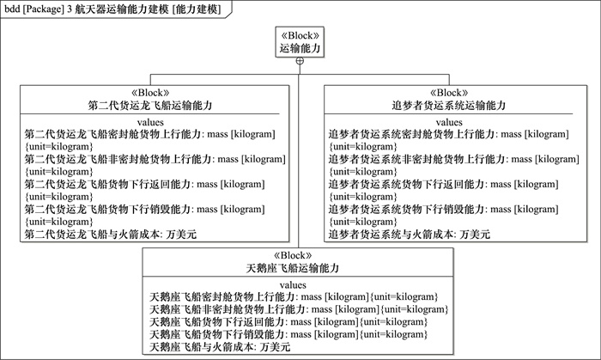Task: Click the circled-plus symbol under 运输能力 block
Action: coord(300,61)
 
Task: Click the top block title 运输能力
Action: coord(300,49)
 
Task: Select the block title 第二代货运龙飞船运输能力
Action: coord(150,106)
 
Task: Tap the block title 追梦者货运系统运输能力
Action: coord(449,106)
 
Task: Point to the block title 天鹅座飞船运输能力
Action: coord(293,268)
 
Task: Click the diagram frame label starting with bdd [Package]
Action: coord(112,9)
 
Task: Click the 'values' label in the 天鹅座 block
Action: coord(293,285)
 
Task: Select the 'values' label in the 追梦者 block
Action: coord(449,122)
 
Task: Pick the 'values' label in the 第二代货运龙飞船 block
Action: coord(150,122)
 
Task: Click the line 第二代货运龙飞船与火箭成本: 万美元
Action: coord(111,235)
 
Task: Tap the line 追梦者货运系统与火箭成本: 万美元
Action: coord(410,235)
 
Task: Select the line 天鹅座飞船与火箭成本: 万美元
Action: coord(220,347)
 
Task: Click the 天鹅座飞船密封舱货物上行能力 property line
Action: coord(294,297)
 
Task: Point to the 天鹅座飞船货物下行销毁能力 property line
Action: coord(288,334)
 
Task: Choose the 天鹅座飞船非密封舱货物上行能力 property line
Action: coord(299,309)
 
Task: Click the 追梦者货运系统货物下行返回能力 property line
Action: coord(444,191)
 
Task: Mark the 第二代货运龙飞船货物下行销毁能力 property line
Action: coord(145,216)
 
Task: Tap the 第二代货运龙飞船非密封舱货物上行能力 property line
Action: coord(155,165)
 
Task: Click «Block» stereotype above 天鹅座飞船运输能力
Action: coord(293,256)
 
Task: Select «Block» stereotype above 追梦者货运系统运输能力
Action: coord(449,93)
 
